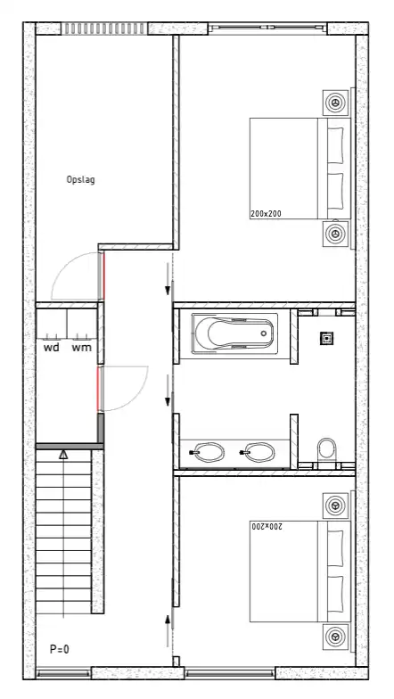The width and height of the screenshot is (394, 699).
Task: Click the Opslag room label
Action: pyautogui.click(x=80, y=180)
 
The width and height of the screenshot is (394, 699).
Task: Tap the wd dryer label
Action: pyautogui.click(x=52, y=348)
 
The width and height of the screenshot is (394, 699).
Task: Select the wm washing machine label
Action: pyautogui.click(x=82, y=348)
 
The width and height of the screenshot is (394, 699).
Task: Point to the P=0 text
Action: pyautogui.click(x=59, y=649)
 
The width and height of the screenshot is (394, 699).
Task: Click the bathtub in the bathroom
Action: pyautogui.click(x=234, y=333)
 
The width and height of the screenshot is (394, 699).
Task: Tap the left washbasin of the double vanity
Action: pyautogui.click(x=209, y=453)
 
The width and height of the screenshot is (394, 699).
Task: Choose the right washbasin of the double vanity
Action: pyautogui.click(x=259, y=453)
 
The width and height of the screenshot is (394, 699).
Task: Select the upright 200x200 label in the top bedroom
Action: pyautogui.click(x=266, y=214)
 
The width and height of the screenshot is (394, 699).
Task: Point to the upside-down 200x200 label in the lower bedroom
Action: pyautogui.click(x=266, y=526)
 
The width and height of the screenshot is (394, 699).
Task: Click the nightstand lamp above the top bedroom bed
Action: pyautogui.click(x=335, y=103)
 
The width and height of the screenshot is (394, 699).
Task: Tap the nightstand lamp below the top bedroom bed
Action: pyautogui.click(x=335, y=233)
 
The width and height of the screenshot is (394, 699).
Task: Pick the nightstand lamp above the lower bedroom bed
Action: pyautogui.click(x=335, y=506)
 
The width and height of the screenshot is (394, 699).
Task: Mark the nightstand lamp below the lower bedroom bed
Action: pyautogui.click(x=335, y=637)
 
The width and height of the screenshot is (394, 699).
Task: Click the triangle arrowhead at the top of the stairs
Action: pyautogui.click(x=64, y=455)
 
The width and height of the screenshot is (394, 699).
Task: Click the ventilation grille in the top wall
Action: pyautogui.click(x=104, y=29)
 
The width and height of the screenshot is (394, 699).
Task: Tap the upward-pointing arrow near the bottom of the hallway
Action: pyautogui.click(x=168, y=631)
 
